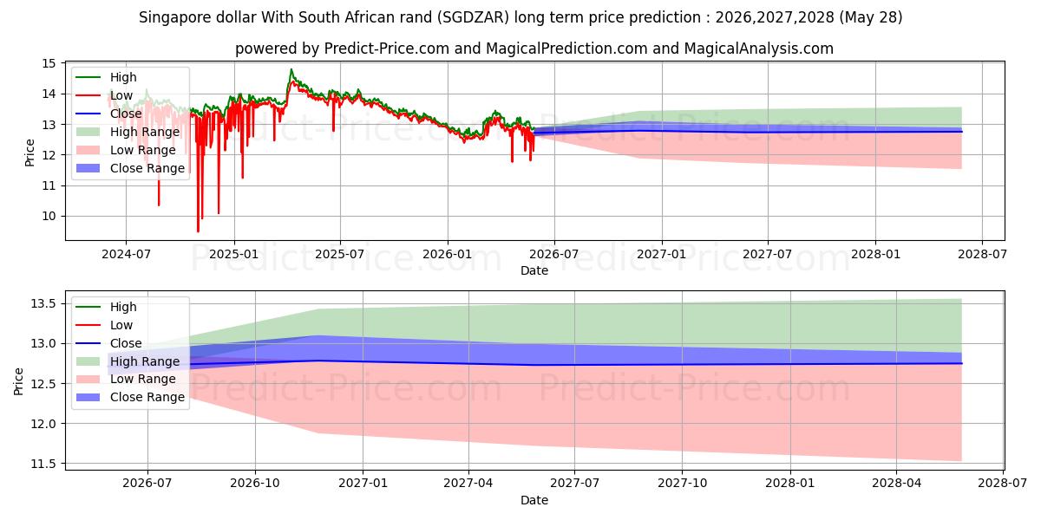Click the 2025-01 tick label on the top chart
(234, 255)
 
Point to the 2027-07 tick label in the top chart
(767, 255)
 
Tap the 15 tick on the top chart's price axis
(49, 63)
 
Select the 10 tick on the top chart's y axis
(49, 217)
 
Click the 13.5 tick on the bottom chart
(43, 304)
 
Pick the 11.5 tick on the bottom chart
(43, 464)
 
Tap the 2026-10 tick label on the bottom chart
(255, 484)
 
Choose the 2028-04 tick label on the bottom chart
(896, 484)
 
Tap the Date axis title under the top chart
(534, 270)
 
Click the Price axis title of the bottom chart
(18, 381)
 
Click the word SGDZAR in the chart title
(473, 17)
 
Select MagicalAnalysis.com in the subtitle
(759, 49)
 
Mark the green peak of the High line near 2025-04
(291, 69)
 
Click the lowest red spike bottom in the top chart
(198, 231)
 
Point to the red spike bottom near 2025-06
(333, 131)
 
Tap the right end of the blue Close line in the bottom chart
(961, 363)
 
